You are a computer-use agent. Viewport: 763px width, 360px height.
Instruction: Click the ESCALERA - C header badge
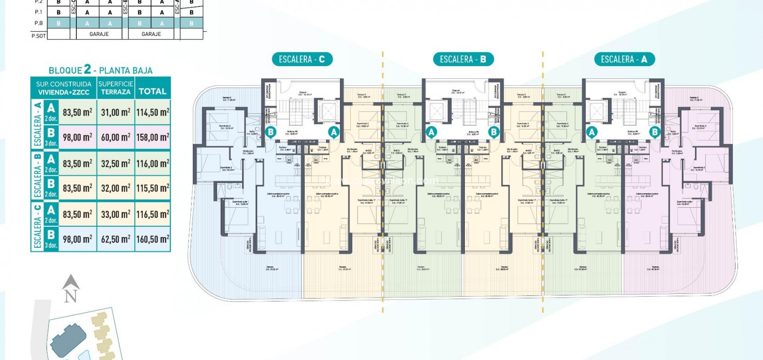coord(302,59)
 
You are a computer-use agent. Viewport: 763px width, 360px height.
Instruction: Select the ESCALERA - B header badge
coord(463,59)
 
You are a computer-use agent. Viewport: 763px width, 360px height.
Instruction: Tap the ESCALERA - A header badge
coord(624,59)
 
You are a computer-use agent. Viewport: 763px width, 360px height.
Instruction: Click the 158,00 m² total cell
coord(152,137)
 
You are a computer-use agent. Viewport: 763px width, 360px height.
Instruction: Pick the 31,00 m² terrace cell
coord(116,112)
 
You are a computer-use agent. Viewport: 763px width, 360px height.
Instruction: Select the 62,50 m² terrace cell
coord(116,239)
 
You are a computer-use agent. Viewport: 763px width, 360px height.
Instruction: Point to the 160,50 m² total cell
coord(152,239)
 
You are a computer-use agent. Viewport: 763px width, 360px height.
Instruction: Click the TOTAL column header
coord(152,91)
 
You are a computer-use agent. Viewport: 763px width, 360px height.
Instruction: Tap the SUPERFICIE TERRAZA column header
coord(116,88)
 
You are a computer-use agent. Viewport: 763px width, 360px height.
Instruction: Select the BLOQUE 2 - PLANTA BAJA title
coord(101,70)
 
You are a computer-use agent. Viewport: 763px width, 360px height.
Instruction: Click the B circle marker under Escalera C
coord(271,132)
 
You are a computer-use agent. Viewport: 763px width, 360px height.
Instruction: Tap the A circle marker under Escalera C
coord(334,132)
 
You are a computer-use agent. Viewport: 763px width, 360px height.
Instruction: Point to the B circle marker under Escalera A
coord(654,132)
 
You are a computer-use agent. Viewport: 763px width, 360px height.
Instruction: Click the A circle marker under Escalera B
coord(431,132)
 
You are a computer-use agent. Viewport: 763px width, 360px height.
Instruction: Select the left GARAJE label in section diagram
coord(99,34)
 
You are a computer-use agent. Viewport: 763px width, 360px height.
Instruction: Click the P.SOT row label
coord(38,35)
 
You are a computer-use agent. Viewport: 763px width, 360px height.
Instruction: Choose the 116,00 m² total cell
coord(152,163)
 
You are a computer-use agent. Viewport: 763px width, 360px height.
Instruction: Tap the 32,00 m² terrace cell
coord(116,189)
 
